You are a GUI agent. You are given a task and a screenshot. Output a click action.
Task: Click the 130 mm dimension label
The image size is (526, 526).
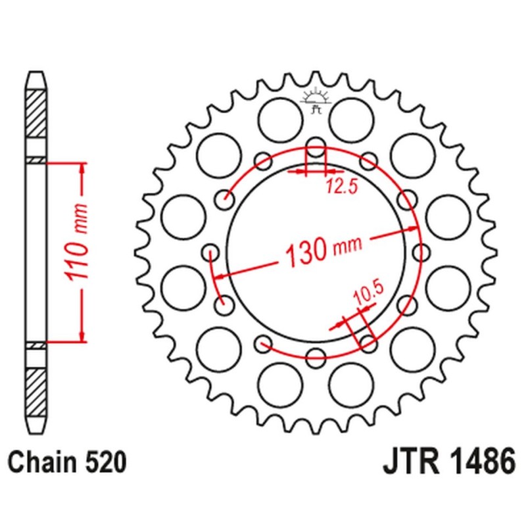(323, 249)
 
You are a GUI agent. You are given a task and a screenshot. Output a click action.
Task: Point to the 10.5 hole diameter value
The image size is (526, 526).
(363, 292)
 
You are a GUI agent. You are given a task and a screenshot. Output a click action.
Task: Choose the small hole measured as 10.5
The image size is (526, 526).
(368, 343)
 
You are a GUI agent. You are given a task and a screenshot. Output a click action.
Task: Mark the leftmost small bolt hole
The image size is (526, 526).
(211, 251)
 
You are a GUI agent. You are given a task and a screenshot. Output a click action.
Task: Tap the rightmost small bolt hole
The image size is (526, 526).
(421, 251)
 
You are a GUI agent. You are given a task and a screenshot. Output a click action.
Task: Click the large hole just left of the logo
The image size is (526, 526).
(279, 119)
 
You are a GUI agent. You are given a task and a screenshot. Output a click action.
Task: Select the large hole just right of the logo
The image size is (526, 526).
(352, 119)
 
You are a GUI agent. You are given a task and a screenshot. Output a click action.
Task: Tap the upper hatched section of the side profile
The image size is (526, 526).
(36, 112)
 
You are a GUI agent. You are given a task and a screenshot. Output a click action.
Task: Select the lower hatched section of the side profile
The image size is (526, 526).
(36, 392)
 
